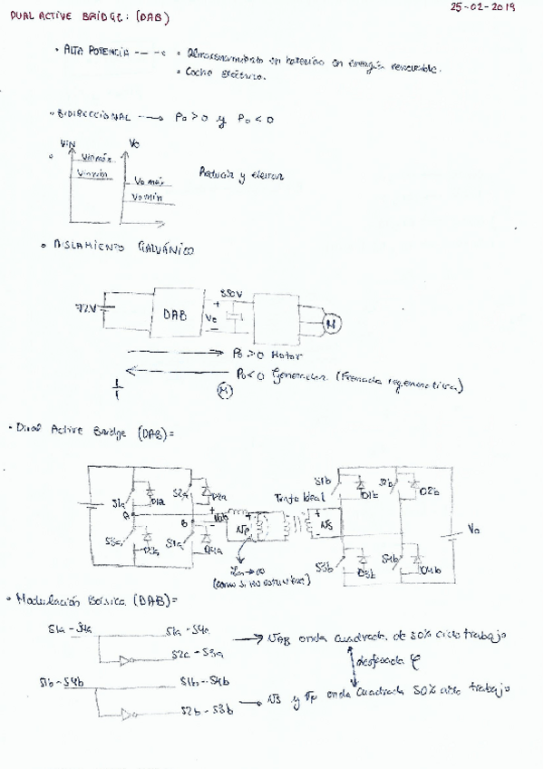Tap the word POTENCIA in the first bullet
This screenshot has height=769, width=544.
(x=107, y=54)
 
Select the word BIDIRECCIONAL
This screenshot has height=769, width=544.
(x=94, y=117)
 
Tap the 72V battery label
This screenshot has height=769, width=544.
(x=85, y=309)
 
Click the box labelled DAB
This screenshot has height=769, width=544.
(x=178, y=315)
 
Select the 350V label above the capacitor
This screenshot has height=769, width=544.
(x=231, y=294)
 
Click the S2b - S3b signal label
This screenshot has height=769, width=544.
(x=206, y=711)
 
